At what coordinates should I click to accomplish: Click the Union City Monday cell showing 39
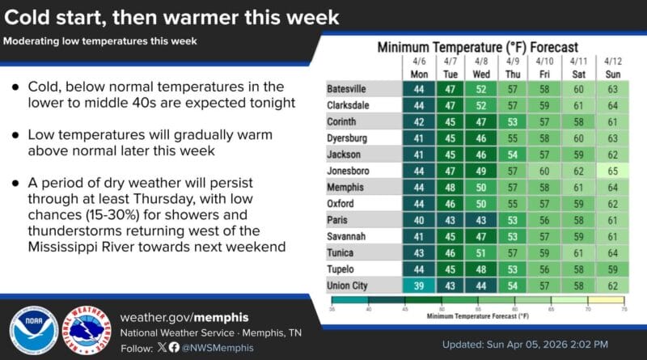click(x=418, y=285)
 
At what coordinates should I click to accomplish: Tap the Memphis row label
click(x=346, y=186)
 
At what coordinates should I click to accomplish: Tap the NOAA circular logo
click(x=32, y=331)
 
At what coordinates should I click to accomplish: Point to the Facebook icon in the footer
click(x=173, y=347)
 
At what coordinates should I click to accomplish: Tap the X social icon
click(x=162, y=347)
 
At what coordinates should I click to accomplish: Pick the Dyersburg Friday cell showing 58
click(x=545, y=137)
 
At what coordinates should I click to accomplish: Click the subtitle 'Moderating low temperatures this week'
click(x=102, y=40)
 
